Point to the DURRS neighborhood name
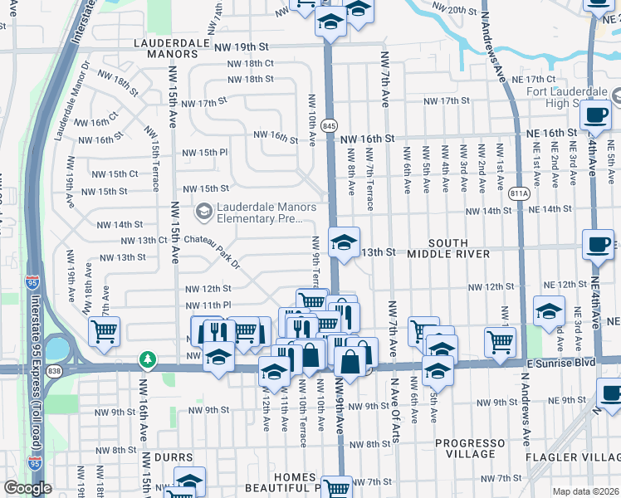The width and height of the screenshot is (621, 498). (x=174, y=457)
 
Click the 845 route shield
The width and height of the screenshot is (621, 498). (x=330, y=125)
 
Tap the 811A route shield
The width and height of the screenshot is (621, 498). (x=520, y=193)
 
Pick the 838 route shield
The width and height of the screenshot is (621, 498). (x=55, y=369)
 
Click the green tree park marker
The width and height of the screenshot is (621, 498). (x=147, y=359)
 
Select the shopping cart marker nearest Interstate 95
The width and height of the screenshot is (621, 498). (x=105, y=331)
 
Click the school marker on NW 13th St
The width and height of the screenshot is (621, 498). (x=342, y=242)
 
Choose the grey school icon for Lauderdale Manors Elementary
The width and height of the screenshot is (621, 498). (x=203, y=212)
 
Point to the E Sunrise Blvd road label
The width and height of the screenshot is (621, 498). (x=562, y=362)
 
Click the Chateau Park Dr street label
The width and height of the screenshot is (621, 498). (x=212, y=251)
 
